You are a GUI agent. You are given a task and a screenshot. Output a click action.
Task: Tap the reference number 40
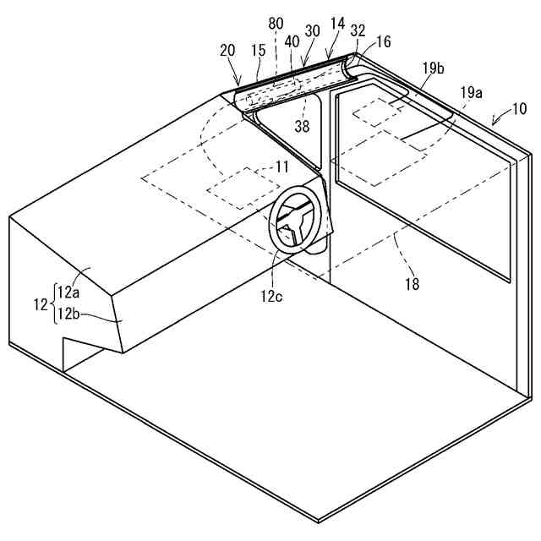click(x=292, y=40)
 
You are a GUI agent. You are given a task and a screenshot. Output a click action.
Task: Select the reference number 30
click(x=313, y=31)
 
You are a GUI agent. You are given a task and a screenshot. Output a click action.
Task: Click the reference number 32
click(x=358, y=30)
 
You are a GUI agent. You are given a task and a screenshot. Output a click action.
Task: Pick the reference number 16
click(x=384, y=40)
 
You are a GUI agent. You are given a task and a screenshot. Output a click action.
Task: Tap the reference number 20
click(x=227, y=50)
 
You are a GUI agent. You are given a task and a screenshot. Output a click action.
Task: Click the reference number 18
click(x=412, y=284)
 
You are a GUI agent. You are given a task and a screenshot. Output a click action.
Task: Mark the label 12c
click(x=273, y=294)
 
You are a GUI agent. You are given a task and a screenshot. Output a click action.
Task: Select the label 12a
click(x=68, y=293)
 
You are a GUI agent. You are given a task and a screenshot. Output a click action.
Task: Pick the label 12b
click(x=68, y=314)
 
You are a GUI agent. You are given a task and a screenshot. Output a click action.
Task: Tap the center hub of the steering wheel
click(x=292, y=230)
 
